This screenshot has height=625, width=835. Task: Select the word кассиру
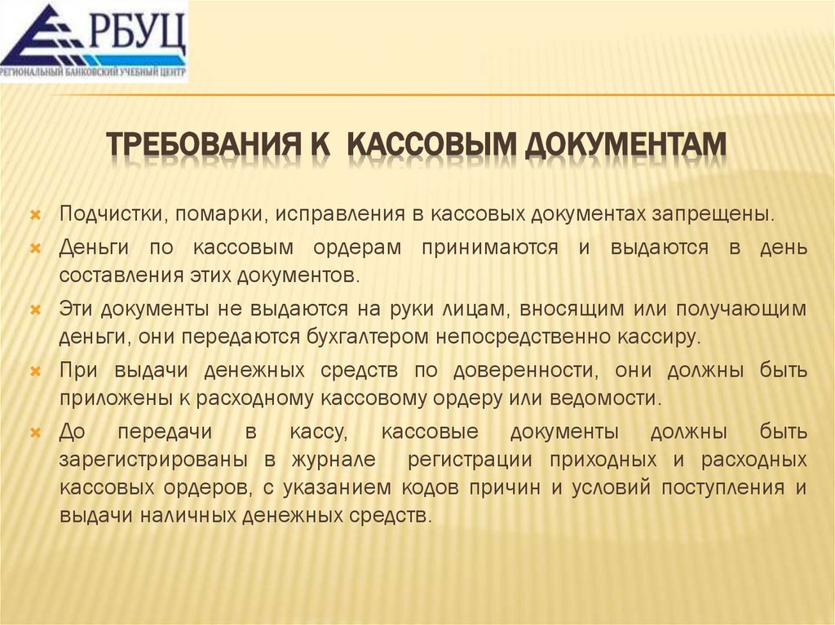(x=662, y=335)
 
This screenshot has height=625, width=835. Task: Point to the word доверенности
(x=522, y=372)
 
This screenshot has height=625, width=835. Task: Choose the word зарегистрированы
(x=153, y=459)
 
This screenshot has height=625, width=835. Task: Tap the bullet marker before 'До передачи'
(x=35, y=432)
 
